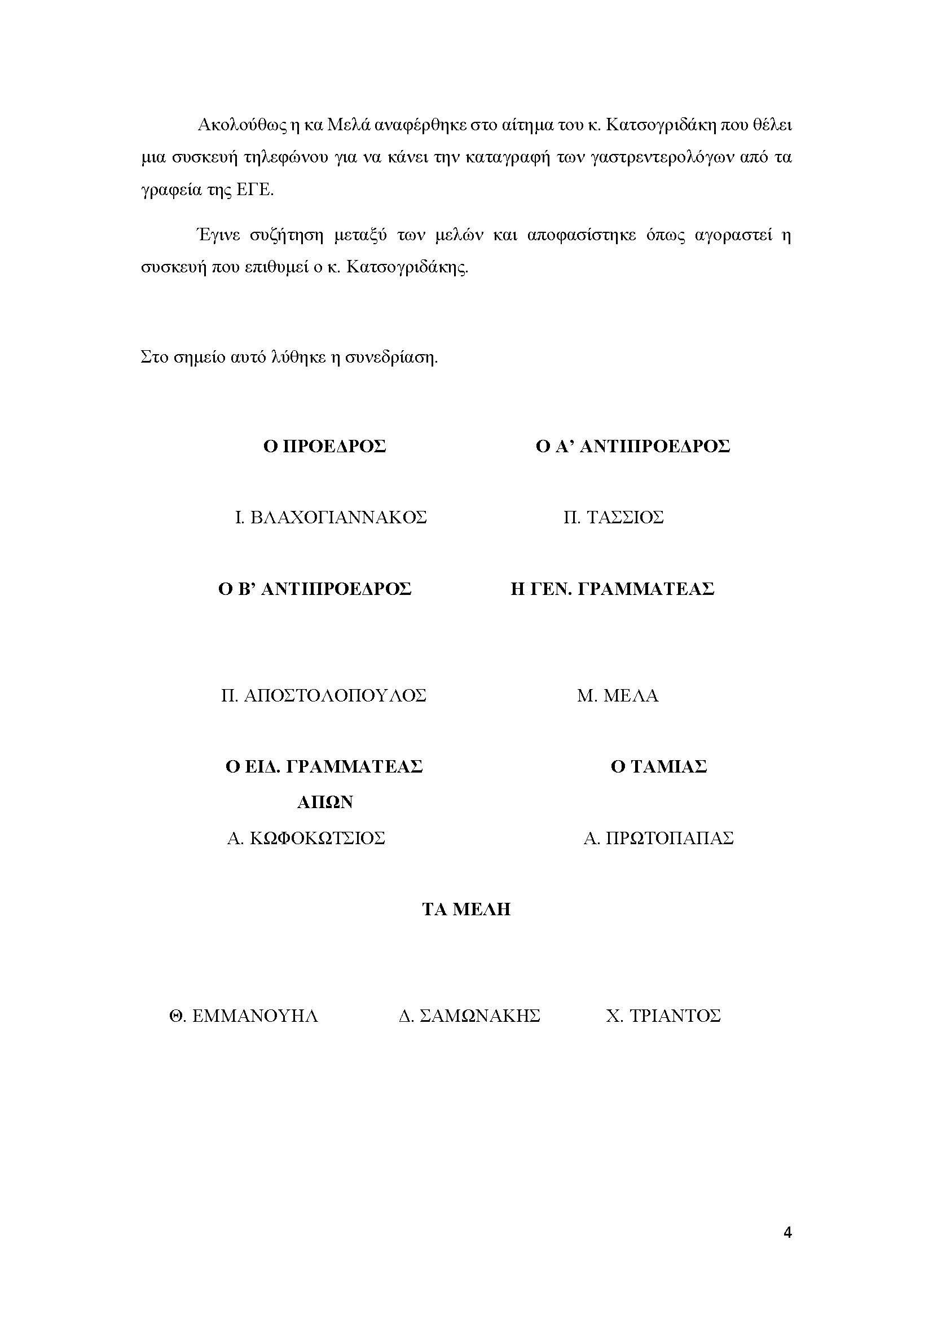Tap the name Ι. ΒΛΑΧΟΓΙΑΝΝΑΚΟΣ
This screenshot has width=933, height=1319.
(331, 518)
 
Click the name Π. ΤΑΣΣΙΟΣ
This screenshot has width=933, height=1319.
(613, 518)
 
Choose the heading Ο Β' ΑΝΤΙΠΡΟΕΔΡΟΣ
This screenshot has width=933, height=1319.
(315, 589)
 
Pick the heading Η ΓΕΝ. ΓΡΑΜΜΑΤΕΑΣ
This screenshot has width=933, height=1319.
(612, 589)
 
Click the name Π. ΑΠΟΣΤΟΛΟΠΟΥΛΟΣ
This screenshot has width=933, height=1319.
(323, 696)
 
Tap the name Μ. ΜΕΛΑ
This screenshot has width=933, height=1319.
(618, 696)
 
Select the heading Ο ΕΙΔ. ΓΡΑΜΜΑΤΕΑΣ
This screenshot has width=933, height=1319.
(324, 766)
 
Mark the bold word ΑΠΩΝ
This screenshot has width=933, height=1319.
(324, 802)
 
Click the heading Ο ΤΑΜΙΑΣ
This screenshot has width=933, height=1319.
(658, 766)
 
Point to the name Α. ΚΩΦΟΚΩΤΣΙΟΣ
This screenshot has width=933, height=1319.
(306, 838)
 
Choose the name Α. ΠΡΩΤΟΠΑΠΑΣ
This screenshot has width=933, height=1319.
(658, 838)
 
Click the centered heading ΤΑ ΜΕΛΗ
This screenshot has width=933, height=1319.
(466, 910)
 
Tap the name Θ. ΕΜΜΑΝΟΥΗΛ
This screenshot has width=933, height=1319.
(244, 1016)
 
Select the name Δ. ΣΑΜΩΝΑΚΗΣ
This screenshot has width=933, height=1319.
(469, 1016)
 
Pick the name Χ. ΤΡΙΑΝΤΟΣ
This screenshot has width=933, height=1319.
(663, 1016)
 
